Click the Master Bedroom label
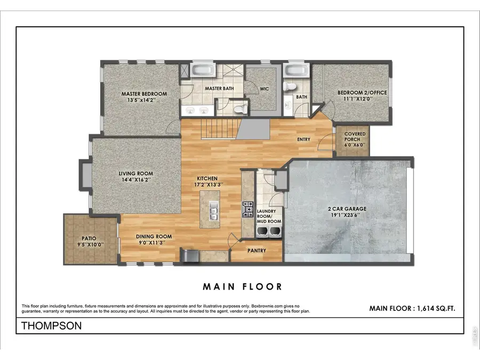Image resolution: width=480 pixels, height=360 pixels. tap(143, 93)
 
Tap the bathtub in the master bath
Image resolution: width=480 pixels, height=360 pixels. tap(203, 71)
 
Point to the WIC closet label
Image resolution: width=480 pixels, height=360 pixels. tap(264, 89)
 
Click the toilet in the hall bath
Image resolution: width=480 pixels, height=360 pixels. tap(290, 86)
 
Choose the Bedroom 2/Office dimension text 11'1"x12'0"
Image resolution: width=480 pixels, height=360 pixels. tap(362, 99)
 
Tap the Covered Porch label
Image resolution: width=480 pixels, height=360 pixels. tap(355, 137)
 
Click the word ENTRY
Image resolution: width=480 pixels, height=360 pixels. tap(303, 140)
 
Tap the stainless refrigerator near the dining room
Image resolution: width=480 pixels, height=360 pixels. tap(189, 256)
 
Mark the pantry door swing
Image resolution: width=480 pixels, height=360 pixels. tap(233, 241)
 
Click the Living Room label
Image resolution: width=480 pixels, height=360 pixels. tap(135, 173)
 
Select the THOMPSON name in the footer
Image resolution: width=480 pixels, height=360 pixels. tap(51, 326)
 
